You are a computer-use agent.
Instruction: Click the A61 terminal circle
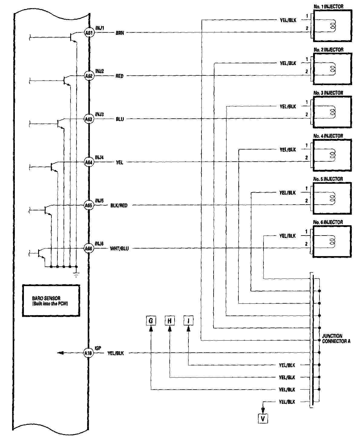[89, 33]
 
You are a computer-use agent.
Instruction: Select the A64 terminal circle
[89, 162]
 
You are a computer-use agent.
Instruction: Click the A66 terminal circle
[89, 249]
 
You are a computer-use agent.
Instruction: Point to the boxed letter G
[151, 321]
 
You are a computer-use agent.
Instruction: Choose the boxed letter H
[170, 321]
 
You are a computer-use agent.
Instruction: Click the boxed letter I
[188, 321]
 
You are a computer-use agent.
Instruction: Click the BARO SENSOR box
[51, 300]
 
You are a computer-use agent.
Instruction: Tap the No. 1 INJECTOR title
[329, 6]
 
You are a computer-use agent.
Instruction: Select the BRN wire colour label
[119, 33]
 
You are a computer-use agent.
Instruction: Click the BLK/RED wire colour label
[119, 206]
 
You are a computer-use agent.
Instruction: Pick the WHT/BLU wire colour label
[119, 249]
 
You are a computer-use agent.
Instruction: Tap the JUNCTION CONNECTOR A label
[336, 338]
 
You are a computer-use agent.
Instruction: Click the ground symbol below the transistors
[76, 275]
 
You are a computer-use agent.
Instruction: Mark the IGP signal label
[98, 348]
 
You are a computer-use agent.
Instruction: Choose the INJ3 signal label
[100, 114]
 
